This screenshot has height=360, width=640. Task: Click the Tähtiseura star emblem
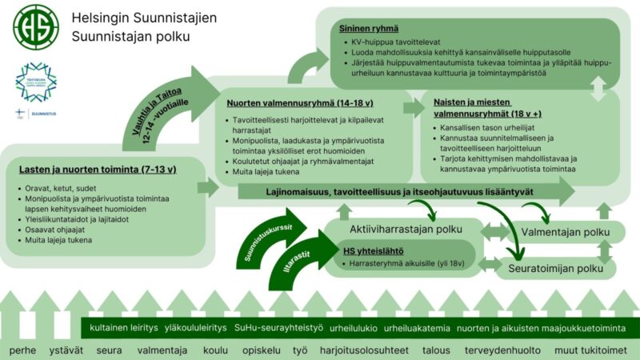(36, 81)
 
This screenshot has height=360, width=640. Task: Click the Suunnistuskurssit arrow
(272, 239)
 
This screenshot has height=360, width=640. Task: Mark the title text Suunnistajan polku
(125, 36)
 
